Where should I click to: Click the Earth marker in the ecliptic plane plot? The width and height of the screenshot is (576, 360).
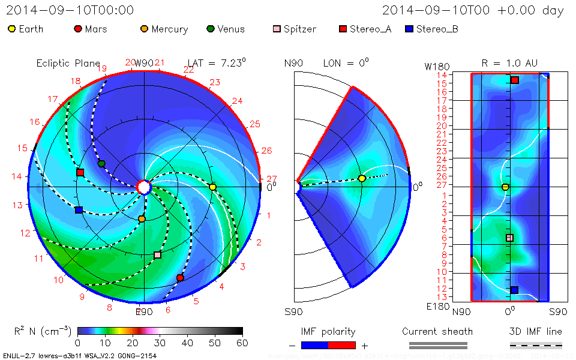point(212,187)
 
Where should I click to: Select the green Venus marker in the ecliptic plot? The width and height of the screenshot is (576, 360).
point(101,164)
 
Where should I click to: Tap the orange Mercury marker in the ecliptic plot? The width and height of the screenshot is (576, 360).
point(142,219)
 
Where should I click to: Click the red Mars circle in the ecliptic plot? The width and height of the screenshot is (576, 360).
point(180,278)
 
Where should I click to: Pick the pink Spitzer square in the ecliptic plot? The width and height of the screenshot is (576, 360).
point(158,255)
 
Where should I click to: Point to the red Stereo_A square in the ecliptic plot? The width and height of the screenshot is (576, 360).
point(80,173)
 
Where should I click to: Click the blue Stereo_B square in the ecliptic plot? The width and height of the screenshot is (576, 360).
point(79,210)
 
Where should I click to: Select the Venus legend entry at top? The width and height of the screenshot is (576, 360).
point(226,29)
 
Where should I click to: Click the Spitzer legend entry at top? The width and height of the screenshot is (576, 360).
point(298,29)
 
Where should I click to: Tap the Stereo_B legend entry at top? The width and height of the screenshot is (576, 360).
point(431,29)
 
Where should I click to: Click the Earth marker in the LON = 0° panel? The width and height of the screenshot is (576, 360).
point(362,179)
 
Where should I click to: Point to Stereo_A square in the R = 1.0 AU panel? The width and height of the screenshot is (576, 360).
point(515,80)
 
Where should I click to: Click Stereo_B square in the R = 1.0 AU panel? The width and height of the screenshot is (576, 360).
point(514,290)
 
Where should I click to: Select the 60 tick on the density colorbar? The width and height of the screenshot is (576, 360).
point(242,343)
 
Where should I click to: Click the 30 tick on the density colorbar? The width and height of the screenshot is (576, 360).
point(160,343)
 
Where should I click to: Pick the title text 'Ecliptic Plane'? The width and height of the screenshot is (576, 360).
point(68,63)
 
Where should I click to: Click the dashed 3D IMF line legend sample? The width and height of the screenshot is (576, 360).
point(536,345)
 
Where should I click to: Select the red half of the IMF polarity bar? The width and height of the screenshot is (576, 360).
point(342,345)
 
